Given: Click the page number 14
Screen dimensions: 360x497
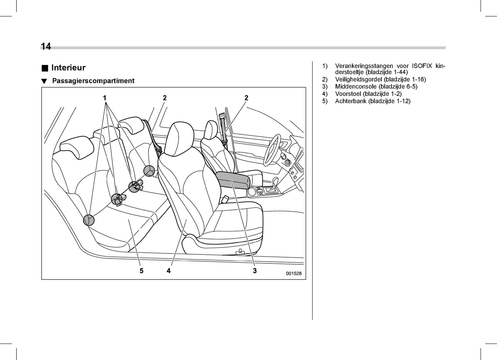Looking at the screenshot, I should pyautogui.click(x=46, y=46).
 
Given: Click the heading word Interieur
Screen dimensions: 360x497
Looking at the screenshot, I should pyautogui.click(x=68, y=68).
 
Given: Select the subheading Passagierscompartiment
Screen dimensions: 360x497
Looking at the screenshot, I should pyautogui.click(x=93, y=81).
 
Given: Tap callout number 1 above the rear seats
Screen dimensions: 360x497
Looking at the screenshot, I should pyautogui.click(x=105, y=98).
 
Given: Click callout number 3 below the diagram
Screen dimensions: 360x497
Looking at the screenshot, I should pyautogui.click(x=255, y=271).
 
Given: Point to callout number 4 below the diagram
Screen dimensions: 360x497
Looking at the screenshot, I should pyautogui.click(x=169, y=271).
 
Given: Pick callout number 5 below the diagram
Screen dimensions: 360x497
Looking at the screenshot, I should pyautogui.click(x=141, y=271).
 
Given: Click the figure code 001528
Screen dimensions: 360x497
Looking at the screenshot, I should pyautogui.click(x=293, y=274).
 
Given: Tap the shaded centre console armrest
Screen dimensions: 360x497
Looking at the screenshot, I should pyautogui.click(x=233, y=180).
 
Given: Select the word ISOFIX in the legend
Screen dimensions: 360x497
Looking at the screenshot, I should pyautogui.click(x=422, y=66).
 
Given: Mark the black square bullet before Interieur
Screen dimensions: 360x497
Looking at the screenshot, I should pyautogui.click(x=45, y=68).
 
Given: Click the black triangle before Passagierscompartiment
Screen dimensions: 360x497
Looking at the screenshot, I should pyautogui.click(x=44, y=81).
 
